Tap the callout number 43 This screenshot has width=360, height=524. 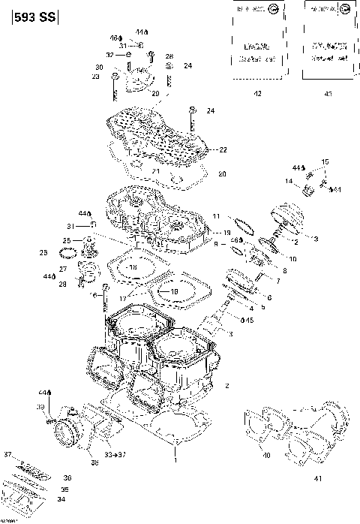[x=328, y=93]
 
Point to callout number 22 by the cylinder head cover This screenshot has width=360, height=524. [x=223, y=150]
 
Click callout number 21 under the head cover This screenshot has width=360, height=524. [x=157, y=172]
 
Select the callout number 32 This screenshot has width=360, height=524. [x=109, y=55]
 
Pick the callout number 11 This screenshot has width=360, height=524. [x=216, y=216]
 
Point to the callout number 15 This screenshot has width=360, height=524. [x=325, y=162]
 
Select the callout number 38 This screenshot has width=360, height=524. [x=94, y=463]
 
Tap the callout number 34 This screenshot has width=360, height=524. [x=61, y=499]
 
